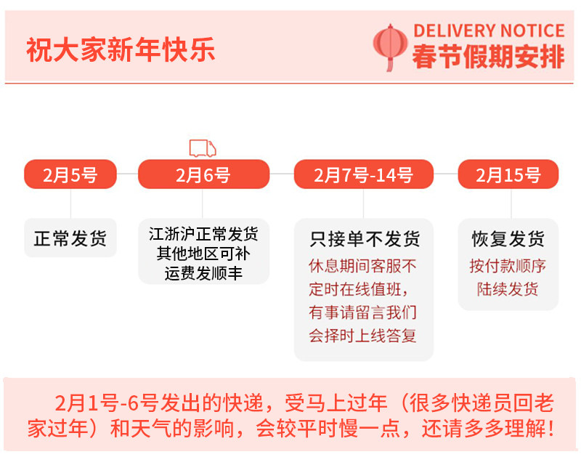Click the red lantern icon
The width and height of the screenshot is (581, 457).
coord(390,46)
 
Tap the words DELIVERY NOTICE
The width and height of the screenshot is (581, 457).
coord(488,31)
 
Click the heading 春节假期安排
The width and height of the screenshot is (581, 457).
coord(488,57)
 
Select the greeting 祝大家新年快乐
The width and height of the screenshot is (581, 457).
coord(121,51)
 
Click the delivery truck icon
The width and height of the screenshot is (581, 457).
coord(203,147)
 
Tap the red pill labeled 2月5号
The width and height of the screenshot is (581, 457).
coord(70,174)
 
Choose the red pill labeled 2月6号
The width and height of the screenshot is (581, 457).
coord(203,174)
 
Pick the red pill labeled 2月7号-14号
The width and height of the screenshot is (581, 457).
coord(363,174)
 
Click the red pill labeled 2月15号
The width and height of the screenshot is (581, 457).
coord(508,174)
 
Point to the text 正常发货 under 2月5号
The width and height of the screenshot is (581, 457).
coord(70,238)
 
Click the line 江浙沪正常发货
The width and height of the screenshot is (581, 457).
coord(203,235)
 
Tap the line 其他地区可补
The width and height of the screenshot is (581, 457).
coord(203,254)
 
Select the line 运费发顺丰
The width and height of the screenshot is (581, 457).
coord(203,274)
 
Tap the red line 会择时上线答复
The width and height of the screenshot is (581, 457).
coord(364,336)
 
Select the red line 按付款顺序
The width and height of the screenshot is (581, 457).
coord(508,265)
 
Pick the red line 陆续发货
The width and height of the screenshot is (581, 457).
coord(508,288)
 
